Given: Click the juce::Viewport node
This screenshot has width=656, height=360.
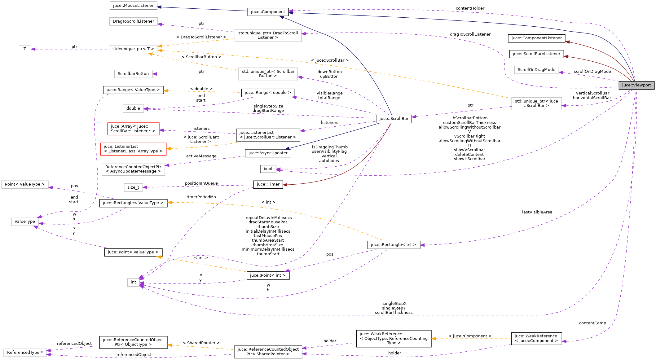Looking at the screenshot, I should pyautogui.click(x=636, y=85).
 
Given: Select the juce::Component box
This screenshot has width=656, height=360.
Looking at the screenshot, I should pyautogui.click(x=268, y=12).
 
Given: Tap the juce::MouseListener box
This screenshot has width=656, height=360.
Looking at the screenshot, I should pyautogui.click(x=133, y=6).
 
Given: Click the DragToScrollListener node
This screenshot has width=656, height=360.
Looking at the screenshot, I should pyautogui.click(x=133, y=21).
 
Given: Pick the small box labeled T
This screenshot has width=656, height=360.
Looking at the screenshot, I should pyautogui.click(x=25, y=49).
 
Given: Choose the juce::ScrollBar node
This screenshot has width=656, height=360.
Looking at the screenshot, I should pyautogui.click(x=394, y=119).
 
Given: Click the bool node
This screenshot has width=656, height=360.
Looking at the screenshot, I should pyautogui.click(x=268, y=169).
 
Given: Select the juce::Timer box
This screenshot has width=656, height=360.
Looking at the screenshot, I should pyautogui.click(x=268, y=184).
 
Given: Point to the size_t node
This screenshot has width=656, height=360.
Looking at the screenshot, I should pyautogui.click(x=133, y=187).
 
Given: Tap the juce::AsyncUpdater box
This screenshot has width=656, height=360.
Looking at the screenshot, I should pyautogui.click(x=268, y=153).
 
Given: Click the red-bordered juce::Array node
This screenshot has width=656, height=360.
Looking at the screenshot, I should pyautogui.click(x=133, y=129).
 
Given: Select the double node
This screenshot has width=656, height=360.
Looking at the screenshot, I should pyautogui.click(x=133, y=108).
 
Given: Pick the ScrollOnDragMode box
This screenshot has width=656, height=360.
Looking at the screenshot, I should pyautogui.click(x=536, y=70).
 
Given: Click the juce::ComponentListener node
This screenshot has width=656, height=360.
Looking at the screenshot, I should pyautogui.click(x=536, y=38).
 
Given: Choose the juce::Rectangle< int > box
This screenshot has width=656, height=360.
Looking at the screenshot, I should pyautogui.click(x=394, y=245).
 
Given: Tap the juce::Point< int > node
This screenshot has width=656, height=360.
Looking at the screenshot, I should pyautogui.click(x=268, y=275).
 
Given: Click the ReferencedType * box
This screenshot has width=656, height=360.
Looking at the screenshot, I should pyautogui.click(x=25, y=353).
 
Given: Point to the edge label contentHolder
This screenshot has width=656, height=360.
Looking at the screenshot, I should pyautogui.click(x=470, y=8).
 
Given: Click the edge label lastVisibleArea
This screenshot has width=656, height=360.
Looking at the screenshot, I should pyautogui.click(x=537, y=212).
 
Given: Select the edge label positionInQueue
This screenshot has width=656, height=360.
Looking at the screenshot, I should pyautogui.click(x=201, y=183).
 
